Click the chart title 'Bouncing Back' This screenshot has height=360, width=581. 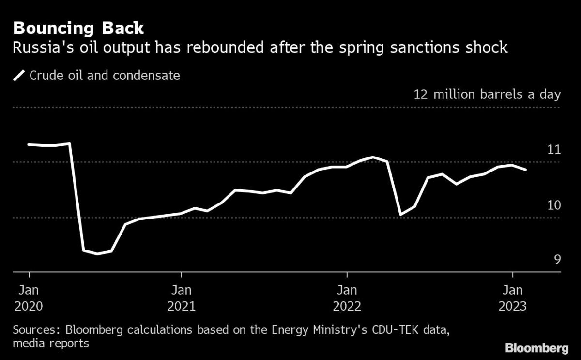point(78,28)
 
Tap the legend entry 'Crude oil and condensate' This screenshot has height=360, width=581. point(105,76)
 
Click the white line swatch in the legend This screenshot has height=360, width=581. point(19,76)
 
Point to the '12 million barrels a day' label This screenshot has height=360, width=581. point(487,94)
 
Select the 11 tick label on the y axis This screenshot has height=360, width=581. point(553,150)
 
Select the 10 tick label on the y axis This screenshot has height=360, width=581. point(553,205)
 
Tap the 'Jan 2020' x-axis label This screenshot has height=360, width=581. point(29,298)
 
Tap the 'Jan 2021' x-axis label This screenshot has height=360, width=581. point(181,298)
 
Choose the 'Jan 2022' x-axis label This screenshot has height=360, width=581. point(347,298)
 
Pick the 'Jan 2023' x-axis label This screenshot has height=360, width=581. point(513,298)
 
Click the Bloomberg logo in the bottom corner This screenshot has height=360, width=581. point(536,348)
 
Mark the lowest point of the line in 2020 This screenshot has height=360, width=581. point(98,254)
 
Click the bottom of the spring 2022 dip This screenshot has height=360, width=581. point(400,214)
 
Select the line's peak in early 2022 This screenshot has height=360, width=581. point(372,157)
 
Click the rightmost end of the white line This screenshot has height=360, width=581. point(526,170)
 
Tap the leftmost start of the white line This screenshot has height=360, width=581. point(29,144)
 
